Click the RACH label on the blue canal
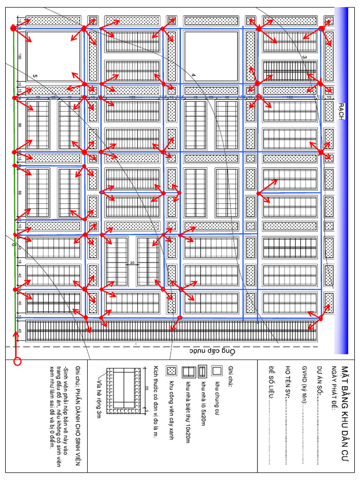[341, 112]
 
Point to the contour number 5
[35, 75]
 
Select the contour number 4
[193, 75]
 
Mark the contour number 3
[304, 57]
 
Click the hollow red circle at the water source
[17, 361]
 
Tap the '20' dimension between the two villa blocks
[132, 263]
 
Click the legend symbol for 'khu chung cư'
[217, 370]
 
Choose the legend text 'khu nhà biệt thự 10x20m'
[187, 410]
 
